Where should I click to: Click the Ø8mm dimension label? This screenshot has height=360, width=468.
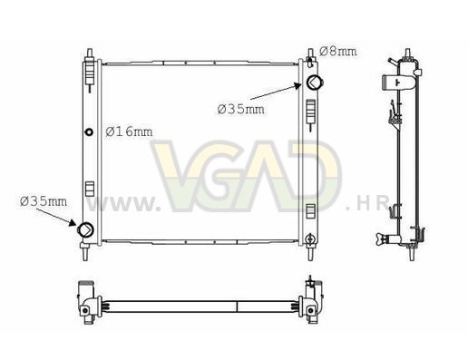point(337,52)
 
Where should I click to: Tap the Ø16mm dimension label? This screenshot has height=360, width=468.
point(129,131)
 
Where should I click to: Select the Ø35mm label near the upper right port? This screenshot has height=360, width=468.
point(241,109)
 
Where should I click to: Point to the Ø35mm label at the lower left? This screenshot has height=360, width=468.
point(44,201)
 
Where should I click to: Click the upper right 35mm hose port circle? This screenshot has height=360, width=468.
point(314,82)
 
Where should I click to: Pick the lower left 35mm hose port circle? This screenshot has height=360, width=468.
point(86,229)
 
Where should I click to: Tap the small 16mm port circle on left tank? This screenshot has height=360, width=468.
point(89,132)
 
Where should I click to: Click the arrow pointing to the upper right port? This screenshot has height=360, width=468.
point(276,92)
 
